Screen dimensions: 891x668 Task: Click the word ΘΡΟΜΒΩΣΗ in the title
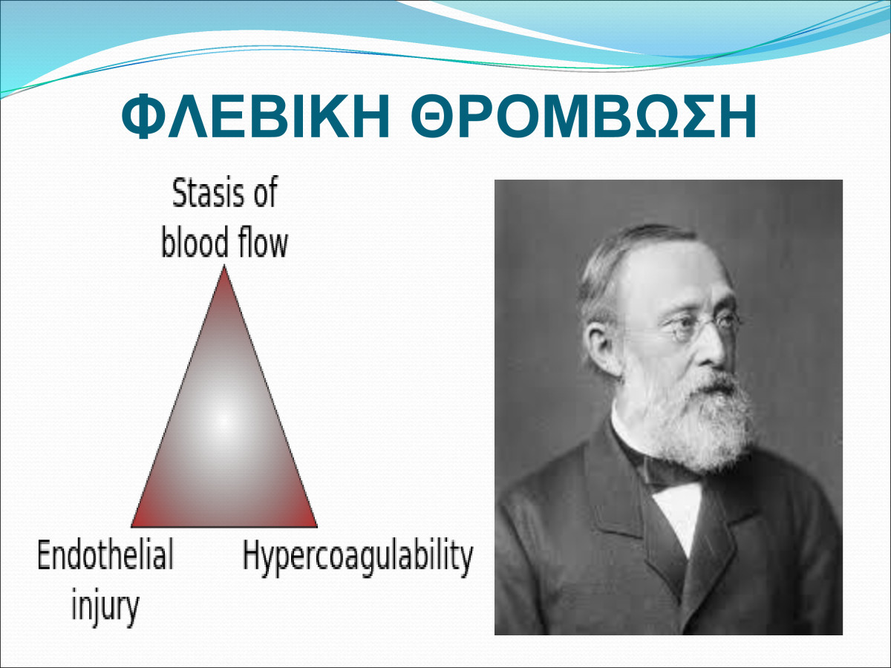(584, 117)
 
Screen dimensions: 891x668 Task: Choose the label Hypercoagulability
(358, 557)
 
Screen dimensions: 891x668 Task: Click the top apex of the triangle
(224, 266)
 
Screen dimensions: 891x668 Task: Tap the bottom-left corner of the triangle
(132, 526)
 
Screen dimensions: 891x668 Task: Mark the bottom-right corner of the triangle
(316, 526)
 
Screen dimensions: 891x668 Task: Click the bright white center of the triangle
(223, 422)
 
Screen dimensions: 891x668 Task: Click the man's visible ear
(603, 348)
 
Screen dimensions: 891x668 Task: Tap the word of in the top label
(264, 193)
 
